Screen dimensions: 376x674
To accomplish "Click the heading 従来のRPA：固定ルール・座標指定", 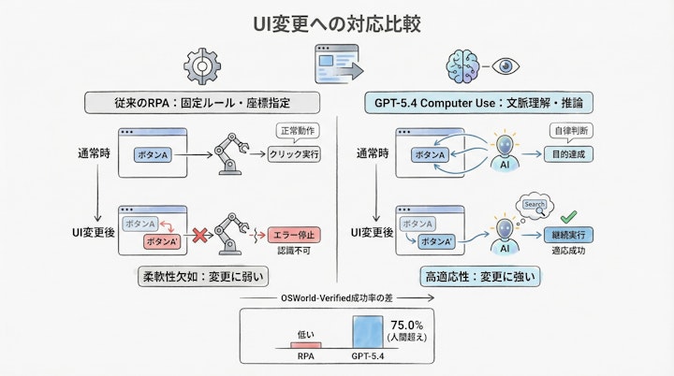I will point(203,102).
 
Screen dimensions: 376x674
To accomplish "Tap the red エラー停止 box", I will point(293,234).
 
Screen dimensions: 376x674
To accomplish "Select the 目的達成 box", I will point(570,154).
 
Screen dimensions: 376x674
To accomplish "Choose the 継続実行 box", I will point(570,236).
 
